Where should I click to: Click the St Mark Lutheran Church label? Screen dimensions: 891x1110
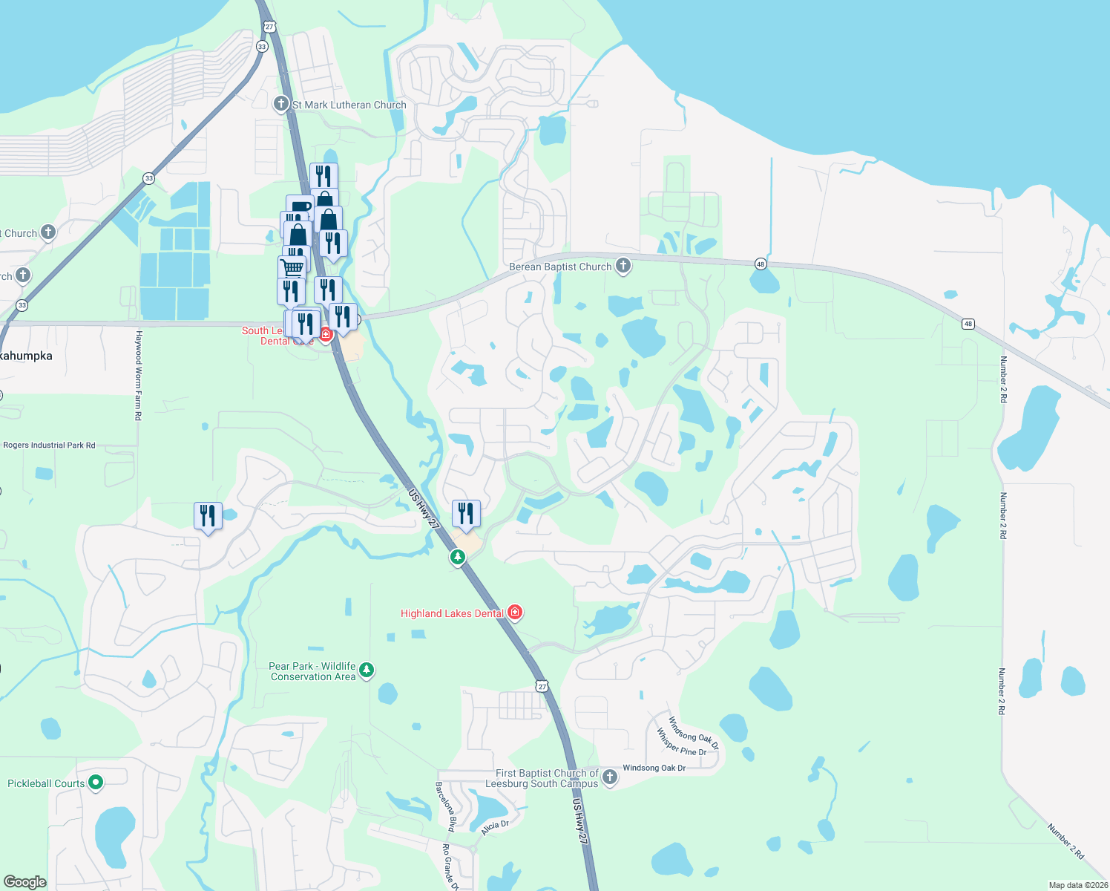coord(349,105)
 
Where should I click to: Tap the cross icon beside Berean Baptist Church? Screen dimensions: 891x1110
coord(623,266)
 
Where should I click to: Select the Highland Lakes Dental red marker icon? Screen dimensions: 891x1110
coord(515,613)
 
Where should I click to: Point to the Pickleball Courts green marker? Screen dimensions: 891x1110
coord(96,782)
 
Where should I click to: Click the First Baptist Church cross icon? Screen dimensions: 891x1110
coord(610,777)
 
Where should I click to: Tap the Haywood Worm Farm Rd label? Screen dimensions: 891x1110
coord(138,376)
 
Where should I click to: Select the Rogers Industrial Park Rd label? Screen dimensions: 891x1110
coord(50,446)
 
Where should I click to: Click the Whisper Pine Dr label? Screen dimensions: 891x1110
coord(681,742)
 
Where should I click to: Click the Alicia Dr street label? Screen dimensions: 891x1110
coord(495,828)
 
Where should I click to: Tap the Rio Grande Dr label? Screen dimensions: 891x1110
coord(450,866)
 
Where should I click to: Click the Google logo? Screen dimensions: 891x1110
coord(24,882)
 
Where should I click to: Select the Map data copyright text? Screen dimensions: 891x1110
coord(1078,885)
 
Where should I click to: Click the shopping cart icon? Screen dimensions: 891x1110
coord(293,267)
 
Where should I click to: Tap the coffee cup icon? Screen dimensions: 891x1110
coord(300,206)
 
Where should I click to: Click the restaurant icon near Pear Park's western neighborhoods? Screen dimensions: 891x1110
coord(208,515)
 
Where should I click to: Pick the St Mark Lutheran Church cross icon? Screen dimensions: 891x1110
coord(281,104)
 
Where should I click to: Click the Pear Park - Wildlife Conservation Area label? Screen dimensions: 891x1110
coord(312,671)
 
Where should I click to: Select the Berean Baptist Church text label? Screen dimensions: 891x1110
coord(560,267)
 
